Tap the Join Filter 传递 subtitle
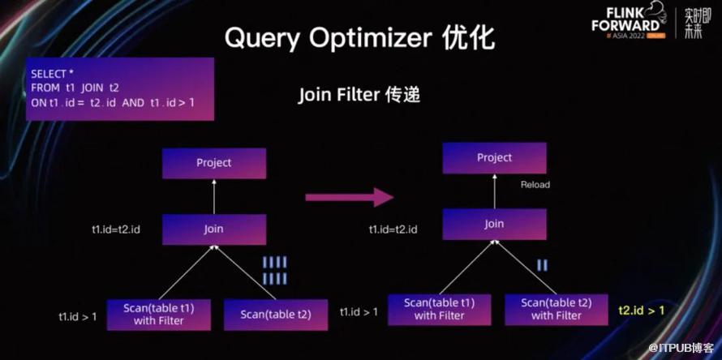pyautogui.click(x=359, y=95)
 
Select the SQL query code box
pyautogui.click(x=120, y=88)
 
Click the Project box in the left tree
pyautogui.click(x=214, y=163)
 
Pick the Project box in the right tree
pyautogui.click(x=494, y=157)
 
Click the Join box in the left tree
pyautogui.click(x=214, y=229)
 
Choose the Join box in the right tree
pyautogui.click(x=494, y=224)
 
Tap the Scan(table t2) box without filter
pyautogui.click(x=275, y=315)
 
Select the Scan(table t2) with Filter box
pyautogui.click(x=556, y=309)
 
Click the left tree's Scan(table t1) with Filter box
pyautogui.click(x=159, y=315)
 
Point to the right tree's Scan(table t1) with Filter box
pyautogui.click(x=439, y=309)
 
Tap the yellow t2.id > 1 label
pyautogui.click(x=642, y=311)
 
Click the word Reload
pyautogui.click(x=535, y=185)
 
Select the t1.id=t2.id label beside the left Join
pyautogui.click(x=116, y=229)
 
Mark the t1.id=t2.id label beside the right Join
pyautogui.click(x=393, y=229)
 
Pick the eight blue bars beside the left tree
pyautogui.click(x=275, y=271)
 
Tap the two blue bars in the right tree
pyautogui.click(x=542, y=265)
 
